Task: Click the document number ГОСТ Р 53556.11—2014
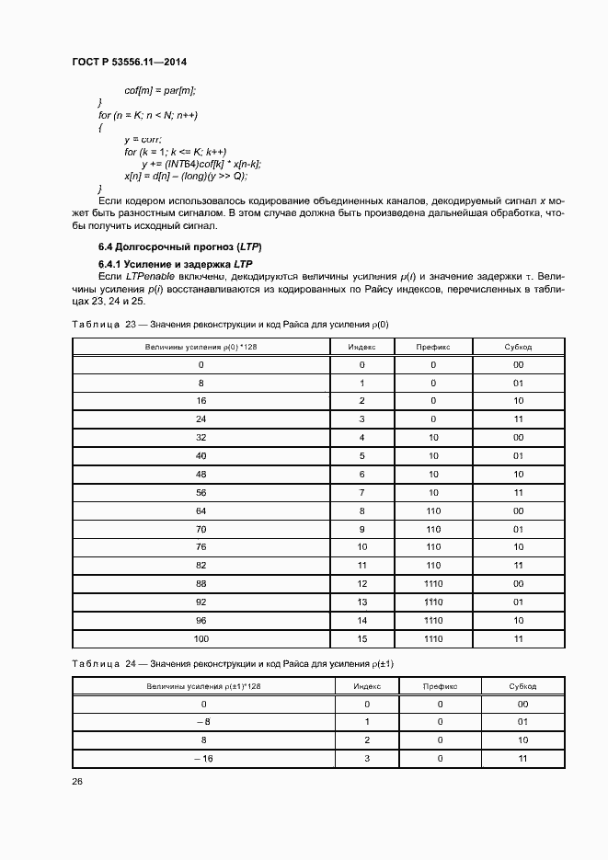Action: click(x=135, y=63)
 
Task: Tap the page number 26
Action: click(x=76, y=782)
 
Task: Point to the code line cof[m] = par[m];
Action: click(x=161, y=90)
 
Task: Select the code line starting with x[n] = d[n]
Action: click(x=186, y=175)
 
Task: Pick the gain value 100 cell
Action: click(x=201, y=637)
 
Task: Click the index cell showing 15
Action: click(x=361, y=637)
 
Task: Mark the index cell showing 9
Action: click(x=361, y=528)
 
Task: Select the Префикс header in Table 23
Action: click(x=432, y=347)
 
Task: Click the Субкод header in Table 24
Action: click(x=522, y=686)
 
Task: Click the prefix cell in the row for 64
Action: click(x=432, y=510)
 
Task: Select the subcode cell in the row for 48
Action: click(x=519, y=474)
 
